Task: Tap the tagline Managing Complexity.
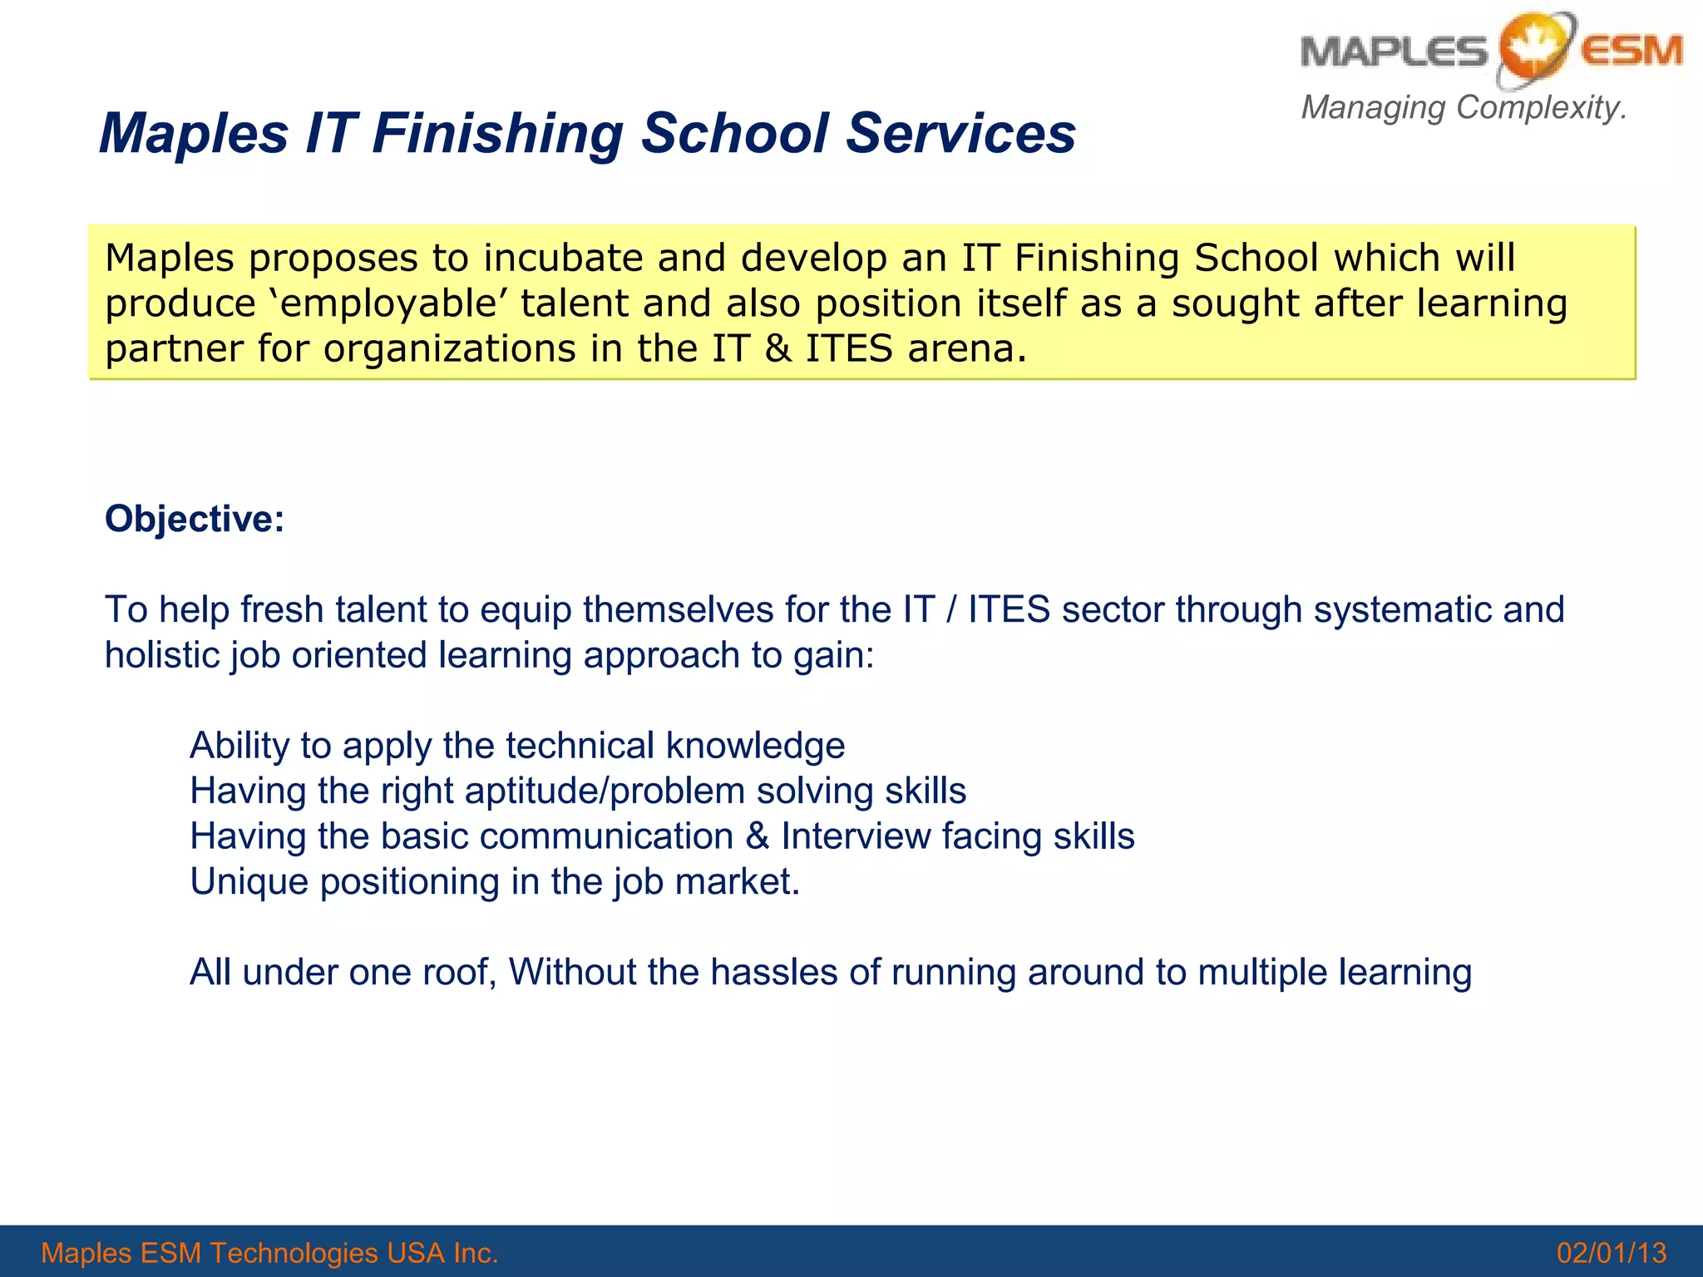[x=1464, y=107]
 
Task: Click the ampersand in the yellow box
[x=777, y=348]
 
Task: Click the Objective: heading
[x=195, y=519]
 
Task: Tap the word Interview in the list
[x=856, y=836]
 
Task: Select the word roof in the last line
[x=459, y=972]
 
